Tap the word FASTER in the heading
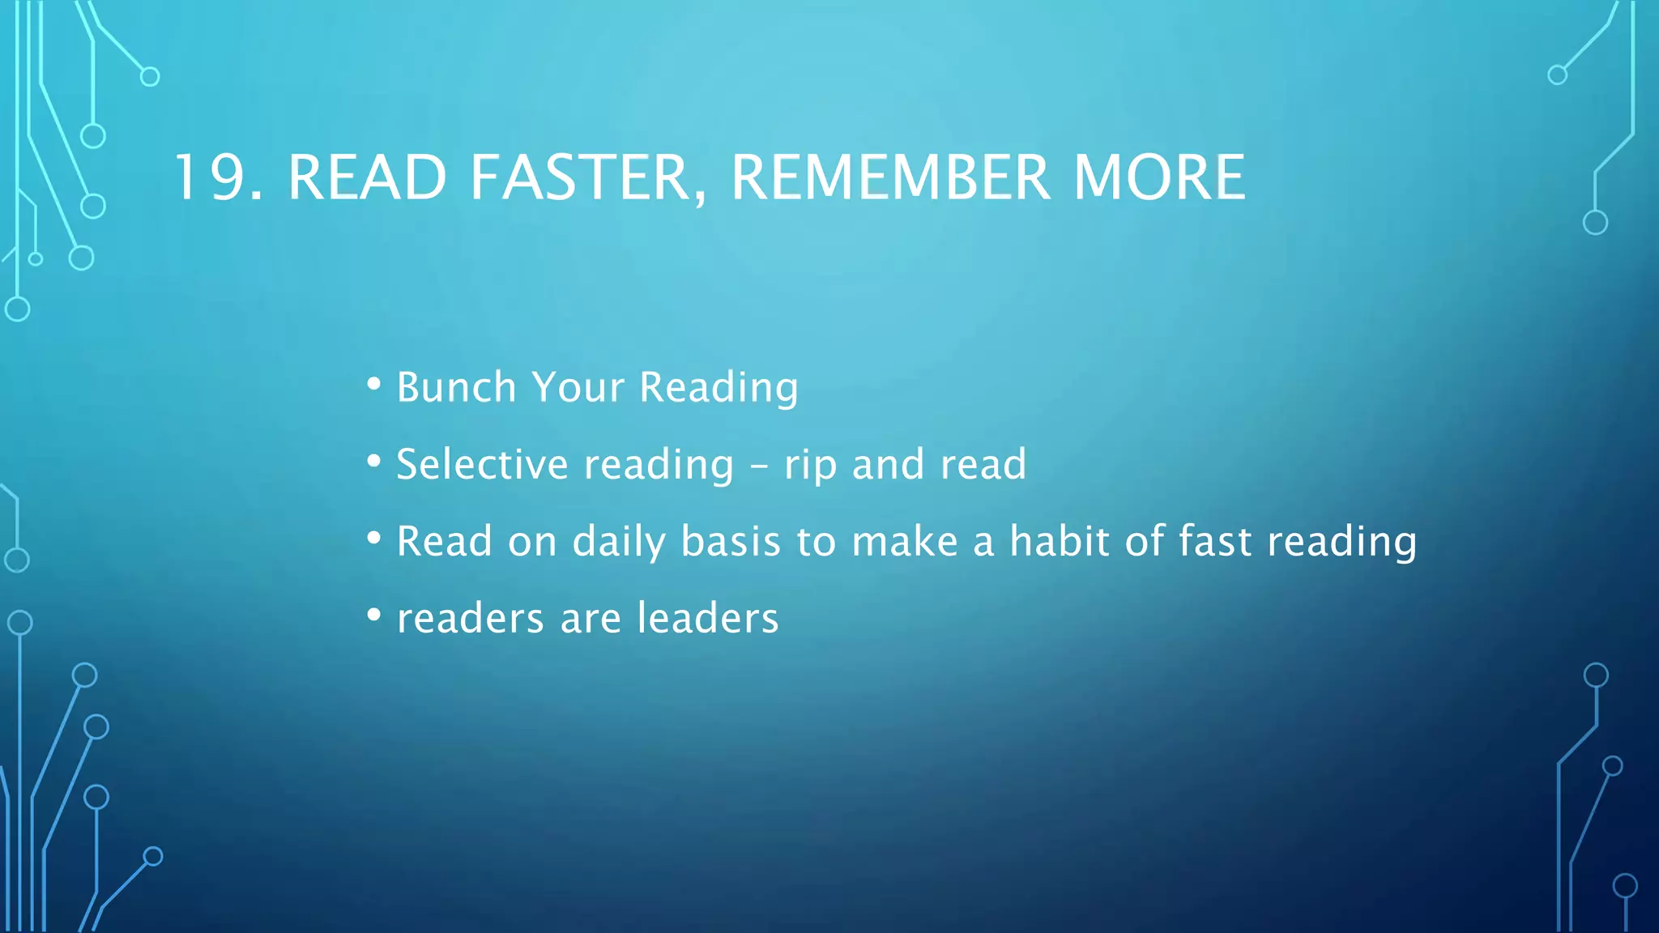click(580, 177)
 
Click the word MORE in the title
click(1159, 177)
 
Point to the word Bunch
click(456, 387)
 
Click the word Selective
click(482, 465)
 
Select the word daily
click(619, 542)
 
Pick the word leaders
click(707, 618)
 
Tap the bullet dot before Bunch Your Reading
click(373, 384)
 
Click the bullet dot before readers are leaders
click(373, 616)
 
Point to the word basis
click(731, 541)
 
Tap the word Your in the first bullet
click(578, 387)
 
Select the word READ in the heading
click(367, 177)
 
